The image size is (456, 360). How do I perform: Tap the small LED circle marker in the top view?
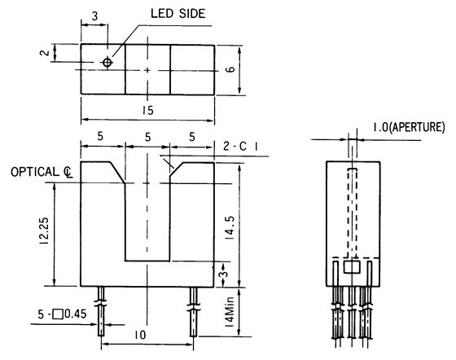[x=107, y=63]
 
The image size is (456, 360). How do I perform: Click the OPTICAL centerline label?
[x=42, y=173]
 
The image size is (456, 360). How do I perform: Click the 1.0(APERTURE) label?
[x=408, y=128]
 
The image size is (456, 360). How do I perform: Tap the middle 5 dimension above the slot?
[x=147, y=136]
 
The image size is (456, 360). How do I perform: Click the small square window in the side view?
[x=351, y=266]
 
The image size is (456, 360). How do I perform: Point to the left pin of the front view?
[x=101, y=314]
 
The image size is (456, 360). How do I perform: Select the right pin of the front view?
[x=193, y=314]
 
